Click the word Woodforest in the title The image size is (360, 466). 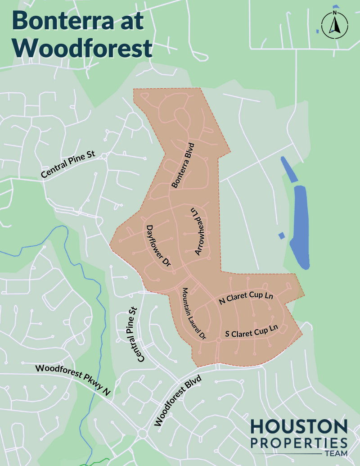pos(82,47)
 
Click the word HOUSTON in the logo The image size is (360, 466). pos(299,426)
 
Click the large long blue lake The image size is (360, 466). pos(299,225)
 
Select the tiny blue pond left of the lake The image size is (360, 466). pos(282,235)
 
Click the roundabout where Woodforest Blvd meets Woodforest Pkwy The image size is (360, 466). pos(143,434)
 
